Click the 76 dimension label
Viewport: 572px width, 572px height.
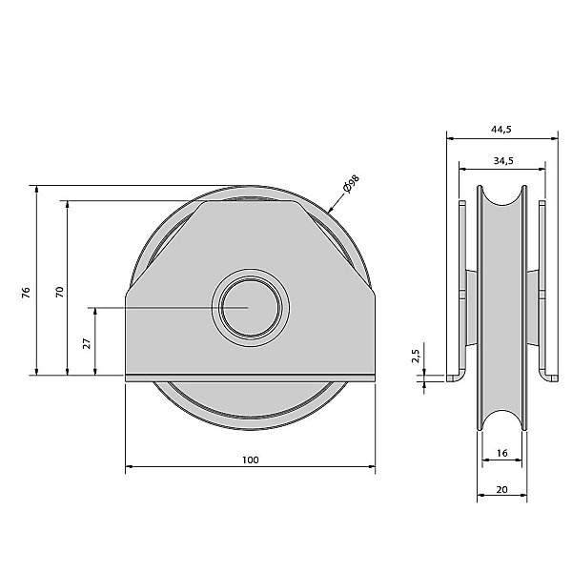click(x=26, y=293)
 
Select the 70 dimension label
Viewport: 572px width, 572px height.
click(x=59, y=292)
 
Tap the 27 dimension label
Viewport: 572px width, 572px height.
click(x=87, y=343)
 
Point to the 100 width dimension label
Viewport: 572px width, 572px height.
click(x=250, y=460)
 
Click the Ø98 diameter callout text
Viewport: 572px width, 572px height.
click(x=351, y=183)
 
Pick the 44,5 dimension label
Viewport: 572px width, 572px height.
click(x=501, y=129)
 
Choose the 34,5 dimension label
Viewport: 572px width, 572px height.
click(x=503, y=160)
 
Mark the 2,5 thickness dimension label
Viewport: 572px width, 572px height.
click(x=416, y=356)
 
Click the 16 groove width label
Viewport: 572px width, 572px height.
click(x=502, y=453)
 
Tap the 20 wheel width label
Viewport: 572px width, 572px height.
click(x=502, y=489)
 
